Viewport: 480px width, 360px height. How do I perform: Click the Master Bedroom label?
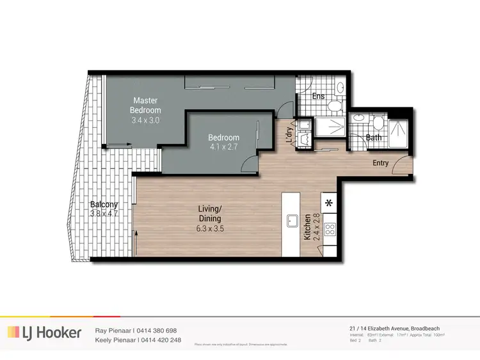(145, 110)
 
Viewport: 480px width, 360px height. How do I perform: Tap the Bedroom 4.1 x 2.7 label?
(223, 142)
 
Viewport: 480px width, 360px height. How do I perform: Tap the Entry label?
(381, 163)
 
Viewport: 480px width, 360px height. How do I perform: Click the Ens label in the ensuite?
(318, 97)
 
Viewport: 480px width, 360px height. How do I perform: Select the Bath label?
(374, 137)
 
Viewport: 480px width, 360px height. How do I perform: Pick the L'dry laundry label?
(289, 136)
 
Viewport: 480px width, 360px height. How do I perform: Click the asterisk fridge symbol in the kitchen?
(330, 203)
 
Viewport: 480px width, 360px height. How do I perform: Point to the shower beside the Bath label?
(402, 133)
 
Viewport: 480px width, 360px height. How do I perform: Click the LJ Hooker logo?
(44, 333)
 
